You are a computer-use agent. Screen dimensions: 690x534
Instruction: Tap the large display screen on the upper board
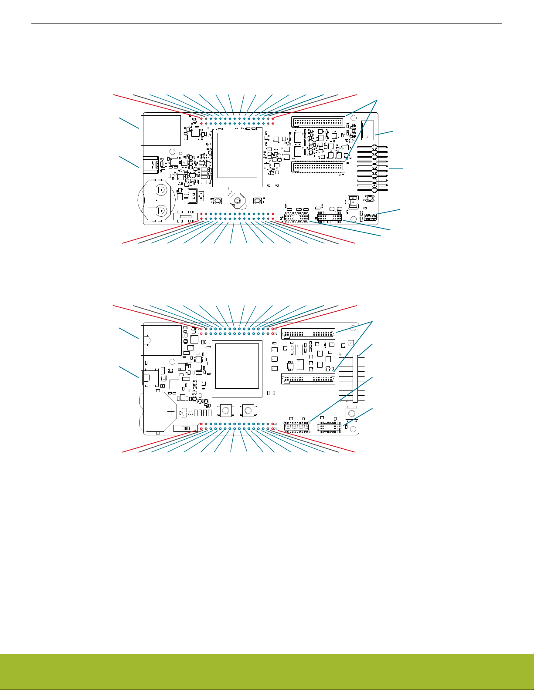pos(237,155)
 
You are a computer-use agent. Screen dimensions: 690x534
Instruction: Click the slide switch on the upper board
pos(185,216)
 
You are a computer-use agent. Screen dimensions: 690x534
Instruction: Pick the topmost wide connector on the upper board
pos(318,121)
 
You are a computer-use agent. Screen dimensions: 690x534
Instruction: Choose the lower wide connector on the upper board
pos(318,166)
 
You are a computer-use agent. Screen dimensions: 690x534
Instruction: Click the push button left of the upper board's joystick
pos(218,201)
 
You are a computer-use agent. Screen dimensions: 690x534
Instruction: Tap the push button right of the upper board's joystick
pos(257,201)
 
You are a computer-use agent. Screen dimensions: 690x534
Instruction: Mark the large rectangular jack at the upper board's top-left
pos(161,130)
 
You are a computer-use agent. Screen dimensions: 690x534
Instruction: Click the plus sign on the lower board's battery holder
pos(171,411)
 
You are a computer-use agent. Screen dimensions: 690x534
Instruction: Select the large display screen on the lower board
pos(237,366)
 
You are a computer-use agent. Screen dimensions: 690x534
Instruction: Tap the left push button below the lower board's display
pos(225,410)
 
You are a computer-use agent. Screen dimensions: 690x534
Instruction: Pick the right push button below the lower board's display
pos(248,410)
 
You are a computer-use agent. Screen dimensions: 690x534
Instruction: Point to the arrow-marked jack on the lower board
pos(161,340)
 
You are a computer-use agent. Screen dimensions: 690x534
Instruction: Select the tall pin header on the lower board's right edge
pos(356,378)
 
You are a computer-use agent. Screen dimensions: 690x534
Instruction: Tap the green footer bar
pos(267,672)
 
